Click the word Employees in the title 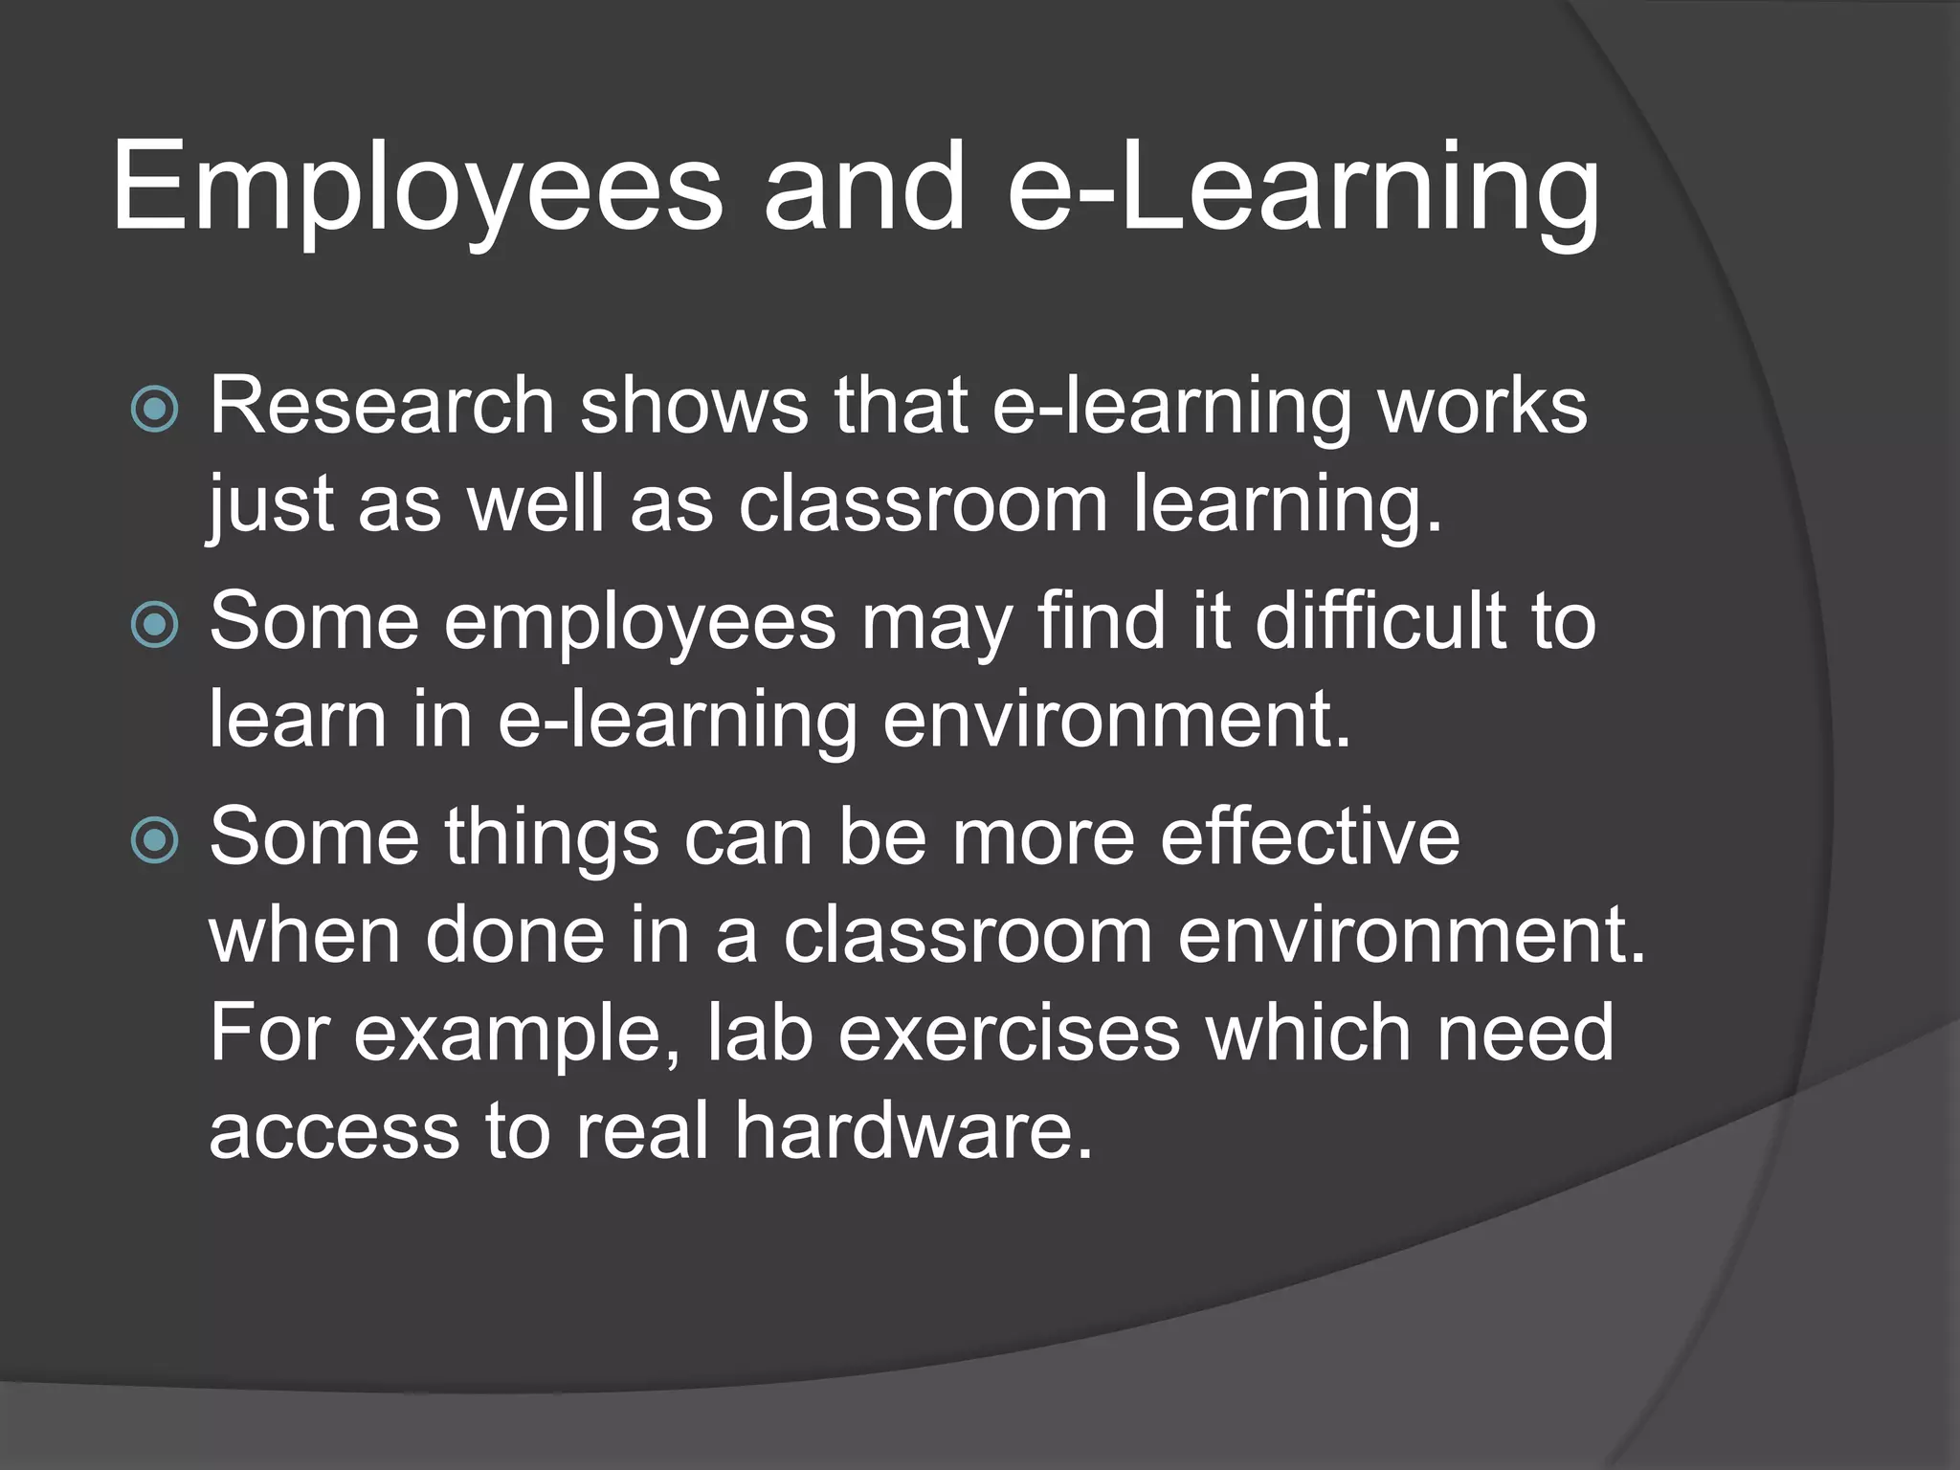click(417, 188)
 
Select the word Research click(381, 407)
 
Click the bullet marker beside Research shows click(154, 410)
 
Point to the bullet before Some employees click(154, 625)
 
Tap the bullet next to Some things click(154, 840)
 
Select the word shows click(694, 407)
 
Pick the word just click(270, 504)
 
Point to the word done click(515, 936)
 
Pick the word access click(334, 1133)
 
